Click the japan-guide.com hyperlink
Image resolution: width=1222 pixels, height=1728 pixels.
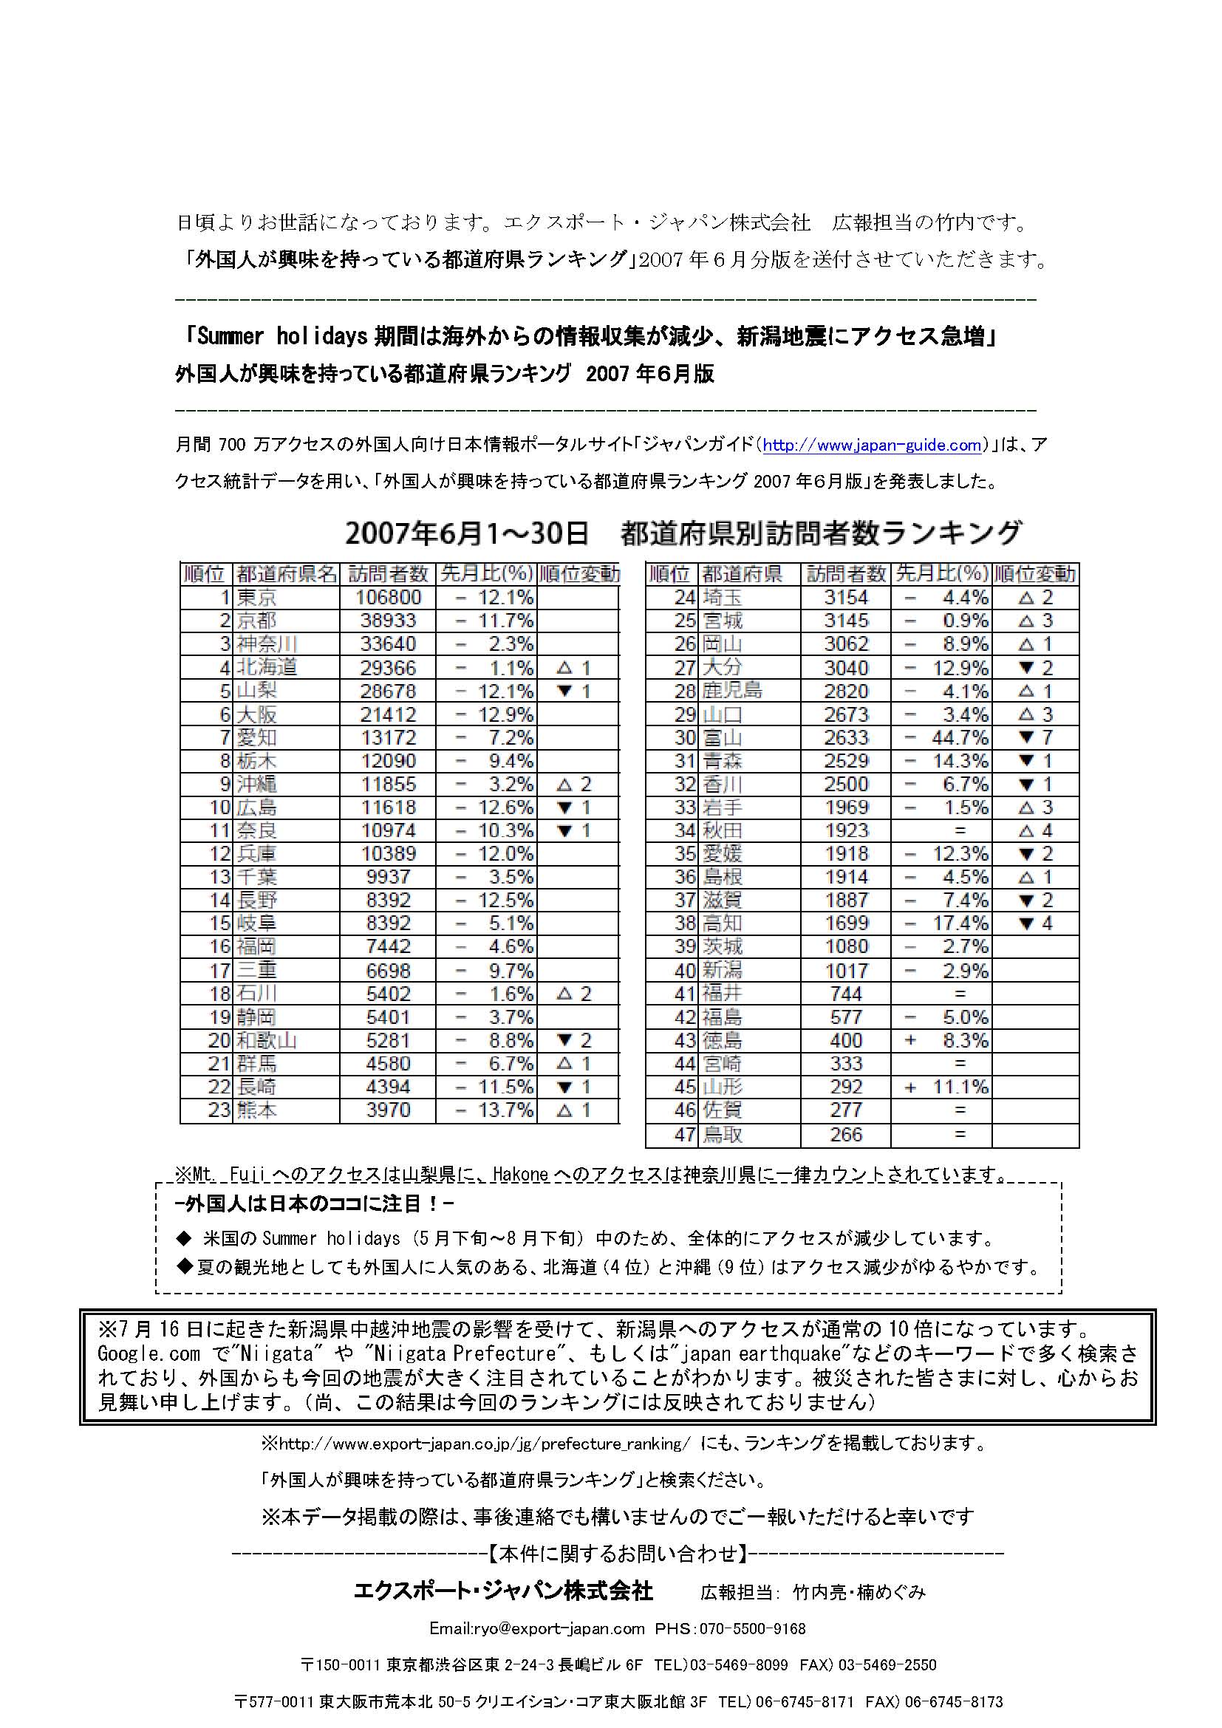(x=872, y=445)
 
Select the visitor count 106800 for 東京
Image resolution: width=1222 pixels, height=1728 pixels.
(x=389, y=598)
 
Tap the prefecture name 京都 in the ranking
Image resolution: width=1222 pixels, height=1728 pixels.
(x=256, y=621)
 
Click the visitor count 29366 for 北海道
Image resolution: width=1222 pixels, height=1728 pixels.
(x=389, y=668)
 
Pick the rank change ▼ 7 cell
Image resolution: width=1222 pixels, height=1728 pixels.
(x=1035, y=737)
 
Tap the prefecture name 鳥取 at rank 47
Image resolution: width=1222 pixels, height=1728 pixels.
(x=723, y=1134)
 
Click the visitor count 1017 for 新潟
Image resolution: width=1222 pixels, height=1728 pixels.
(x=846, y=971)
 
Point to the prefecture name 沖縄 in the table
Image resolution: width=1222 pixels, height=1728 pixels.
(x=256, y=785)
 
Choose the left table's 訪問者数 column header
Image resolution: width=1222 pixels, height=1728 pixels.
(x=389, y=574)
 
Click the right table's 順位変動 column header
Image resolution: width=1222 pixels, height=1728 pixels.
(x=1035, y=574)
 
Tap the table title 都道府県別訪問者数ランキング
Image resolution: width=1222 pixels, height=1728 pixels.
(x=821, y=533)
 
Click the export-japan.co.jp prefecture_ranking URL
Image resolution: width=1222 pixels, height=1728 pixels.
(x=485, y=1444)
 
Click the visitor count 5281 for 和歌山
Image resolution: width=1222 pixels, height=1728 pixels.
(x=389, y=1041)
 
